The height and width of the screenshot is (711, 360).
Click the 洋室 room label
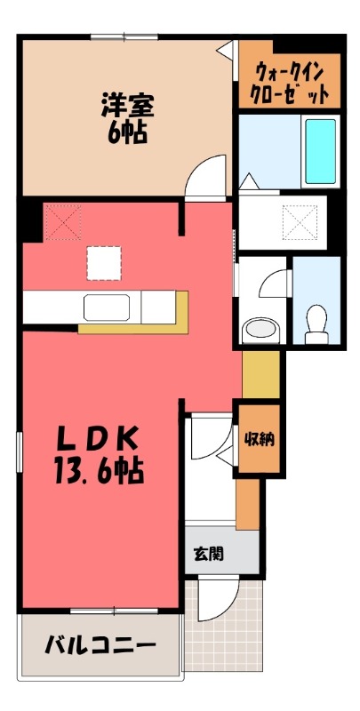127,106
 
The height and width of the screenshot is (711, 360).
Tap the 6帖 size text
127,132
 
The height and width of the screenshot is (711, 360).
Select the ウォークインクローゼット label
289,82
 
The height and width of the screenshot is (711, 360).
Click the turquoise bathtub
320,151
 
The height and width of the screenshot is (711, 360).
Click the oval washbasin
260,330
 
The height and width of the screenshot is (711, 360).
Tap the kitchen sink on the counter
107,307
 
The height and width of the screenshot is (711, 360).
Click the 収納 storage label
260,438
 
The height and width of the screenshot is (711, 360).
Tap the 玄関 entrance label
209,553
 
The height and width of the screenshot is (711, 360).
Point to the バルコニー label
100,644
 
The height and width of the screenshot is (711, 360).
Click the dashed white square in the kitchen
104,263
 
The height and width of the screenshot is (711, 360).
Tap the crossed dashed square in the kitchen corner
63,222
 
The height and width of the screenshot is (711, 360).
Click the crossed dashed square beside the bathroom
300,222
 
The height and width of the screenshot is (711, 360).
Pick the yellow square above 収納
260,375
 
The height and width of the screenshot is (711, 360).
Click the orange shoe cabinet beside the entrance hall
247,504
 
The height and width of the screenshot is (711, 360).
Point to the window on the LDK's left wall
19,452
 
